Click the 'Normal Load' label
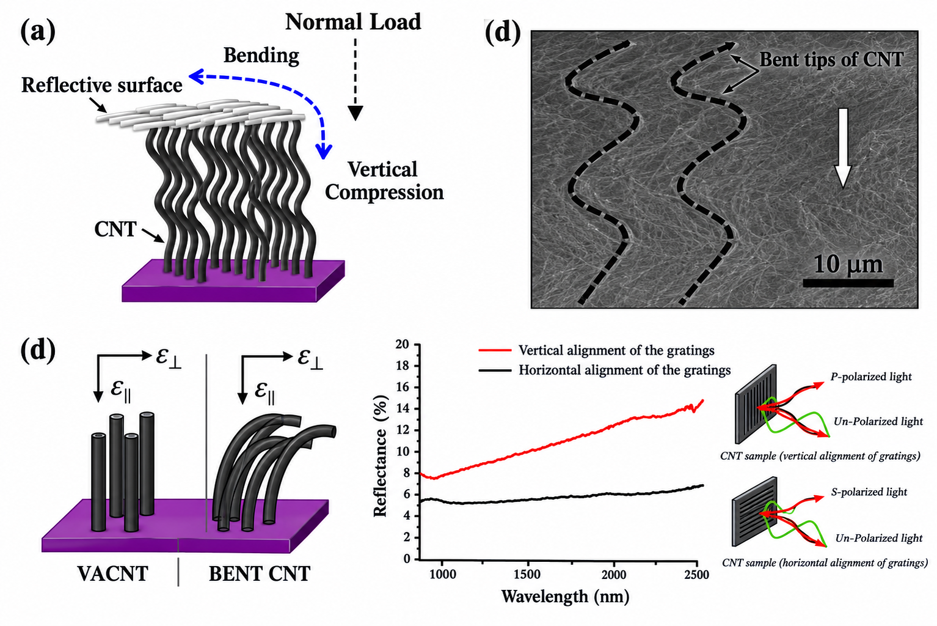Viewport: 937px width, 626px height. (x=353, y=22)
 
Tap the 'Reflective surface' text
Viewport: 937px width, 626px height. (x=101, y=85)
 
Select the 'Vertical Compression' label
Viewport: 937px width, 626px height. (x=384, y=181)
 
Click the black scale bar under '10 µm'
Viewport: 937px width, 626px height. (x=848, y=283)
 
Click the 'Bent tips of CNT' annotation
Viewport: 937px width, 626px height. (x=831, y=59)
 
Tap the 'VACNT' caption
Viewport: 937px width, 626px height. (x=112, y=573)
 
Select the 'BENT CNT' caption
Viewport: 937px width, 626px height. (x=260, y=573)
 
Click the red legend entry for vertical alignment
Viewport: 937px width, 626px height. (x=597, y=350)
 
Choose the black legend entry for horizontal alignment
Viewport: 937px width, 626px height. (x=605, y=370)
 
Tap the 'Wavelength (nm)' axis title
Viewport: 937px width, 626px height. (x=565, y=596)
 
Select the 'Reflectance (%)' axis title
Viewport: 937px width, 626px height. (x=381, y=456)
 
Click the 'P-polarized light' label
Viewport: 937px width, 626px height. (x=871, y=377)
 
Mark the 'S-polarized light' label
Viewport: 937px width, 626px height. (x=869, y=492)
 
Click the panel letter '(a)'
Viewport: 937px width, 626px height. (x=38, y=32)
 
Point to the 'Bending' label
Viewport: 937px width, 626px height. (x=261, y=55)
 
